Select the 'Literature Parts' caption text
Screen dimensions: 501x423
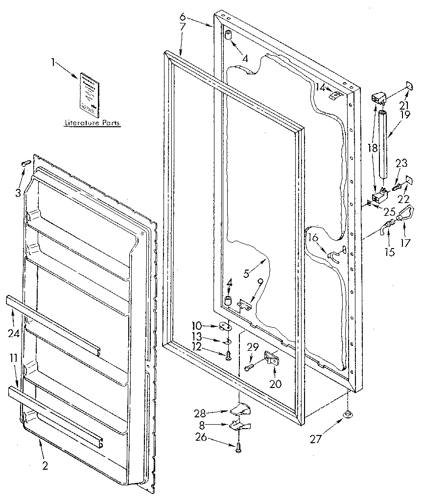tap(93, 123)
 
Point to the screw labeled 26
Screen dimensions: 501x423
tap(238, 447)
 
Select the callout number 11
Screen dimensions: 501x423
tap(14, 358)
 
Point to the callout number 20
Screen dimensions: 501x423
tap(276, 384)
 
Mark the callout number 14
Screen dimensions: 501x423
tap(320, 87)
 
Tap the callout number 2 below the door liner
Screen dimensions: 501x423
tap(45, 466)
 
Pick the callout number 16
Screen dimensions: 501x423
tap(313, 238)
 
